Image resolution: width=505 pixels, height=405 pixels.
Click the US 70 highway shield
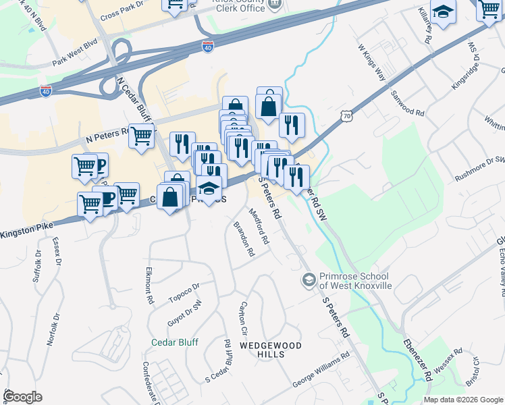click(347, 116)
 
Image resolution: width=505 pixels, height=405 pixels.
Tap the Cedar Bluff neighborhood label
click(175, 342)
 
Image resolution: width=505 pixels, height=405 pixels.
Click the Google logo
click(22, 397)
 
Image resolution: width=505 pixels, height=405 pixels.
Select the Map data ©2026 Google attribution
click(463, 400)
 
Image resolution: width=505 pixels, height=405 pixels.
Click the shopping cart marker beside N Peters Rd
click(141, 136)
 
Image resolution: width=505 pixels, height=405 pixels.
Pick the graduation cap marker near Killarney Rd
click(443, 12)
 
